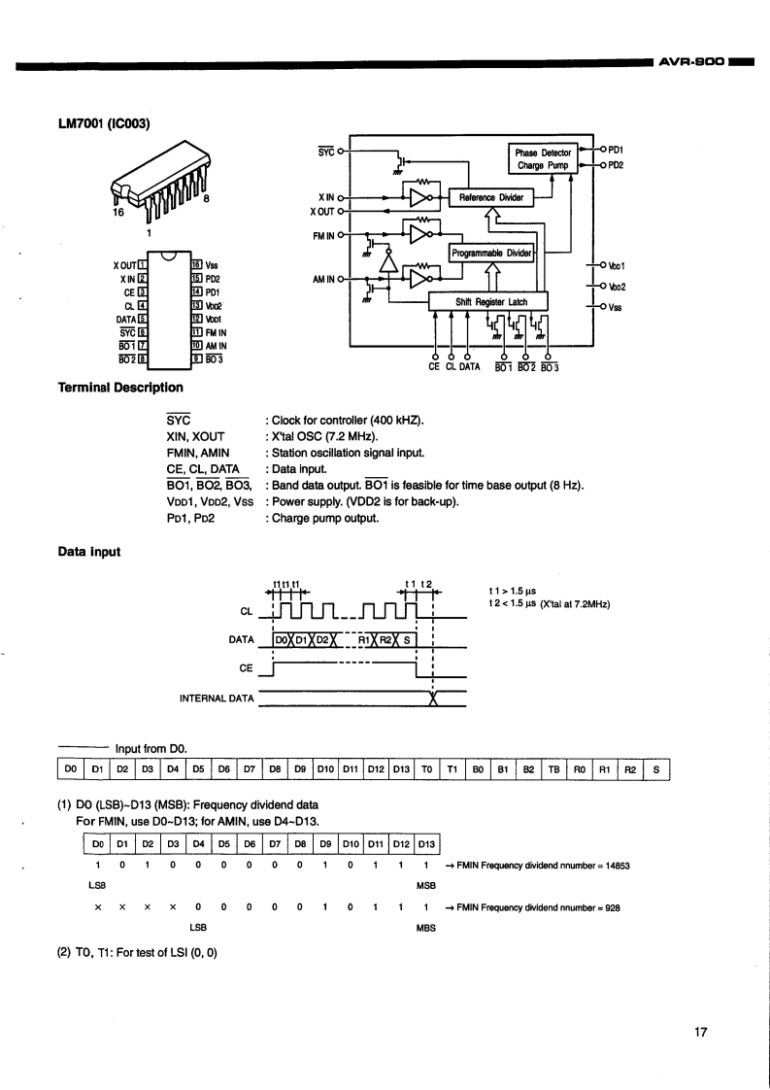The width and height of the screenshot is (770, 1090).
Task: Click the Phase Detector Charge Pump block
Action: click(x=544, y=158)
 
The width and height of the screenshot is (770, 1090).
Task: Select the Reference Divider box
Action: click(x=491, y=197)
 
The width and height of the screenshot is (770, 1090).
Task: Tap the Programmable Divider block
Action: click(x=491, y=253)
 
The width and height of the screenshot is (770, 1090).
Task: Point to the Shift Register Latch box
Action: click(x=487, y=302)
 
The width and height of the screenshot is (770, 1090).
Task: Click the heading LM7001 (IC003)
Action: click(x=104, y=124)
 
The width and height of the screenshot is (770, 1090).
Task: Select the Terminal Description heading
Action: click(x=121, y=388)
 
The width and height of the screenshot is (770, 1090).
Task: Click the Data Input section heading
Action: click(x=89, y=552)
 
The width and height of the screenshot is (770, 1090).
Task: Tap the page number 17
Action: click(x=700, y=1033)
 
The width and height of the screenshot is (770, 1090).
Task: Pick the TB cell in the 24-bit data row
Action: click(x=553, y=769)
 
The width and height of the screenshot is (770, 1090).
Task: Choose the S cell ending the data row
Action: click(x=656, y=769)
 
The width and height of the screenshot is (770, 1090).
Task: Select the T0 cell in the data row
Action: click(x=426, y=769)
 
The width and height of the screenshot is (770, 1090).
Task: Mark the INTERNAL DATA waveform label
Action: click(x=217, y=698)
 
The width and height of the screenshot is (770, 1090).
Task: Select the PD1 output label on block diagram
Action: click(x=616, y=150)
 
